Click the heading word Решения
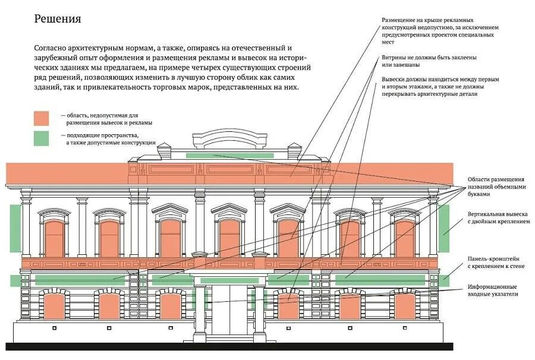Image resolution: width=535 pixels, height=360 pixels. (57, 19)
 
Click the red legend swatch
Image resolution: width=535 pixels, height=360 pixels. (41, 118)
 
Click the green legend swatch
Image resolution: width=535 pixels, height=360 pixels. (41, 138)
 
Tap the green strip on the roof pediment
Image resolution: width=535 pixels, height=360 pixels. (229, 155)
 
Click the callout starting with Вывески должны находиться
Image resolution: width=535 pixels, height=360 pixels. (440, 86)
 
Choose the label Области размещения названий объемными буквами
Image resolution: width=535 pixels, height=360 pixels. (496, 187)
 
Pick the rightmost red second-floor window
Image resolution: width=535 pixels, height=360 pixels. (405, 238)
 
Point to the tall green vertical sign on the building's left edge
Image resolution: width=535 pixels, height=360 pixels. (15, 228)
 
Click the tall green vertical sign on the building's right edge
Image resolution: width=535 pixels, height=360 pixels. (444, 228)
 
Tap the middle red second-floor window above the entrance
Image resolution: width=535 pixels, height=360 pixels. (229, 238)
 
